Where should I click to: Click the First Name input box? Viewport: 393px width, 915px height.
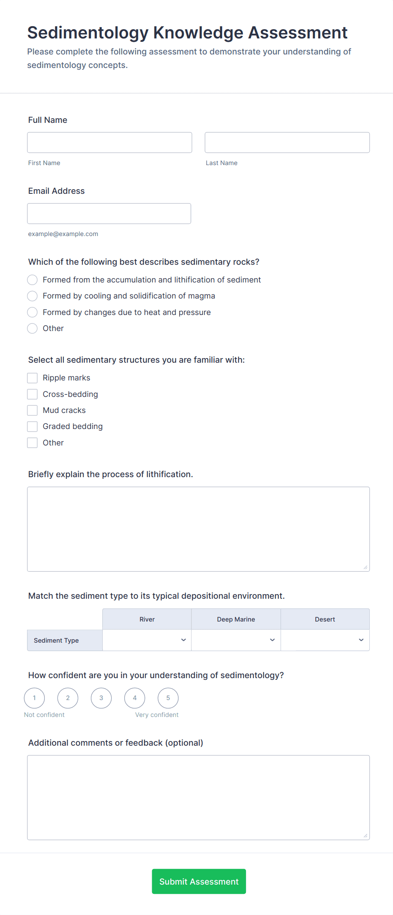(x=109, y=143)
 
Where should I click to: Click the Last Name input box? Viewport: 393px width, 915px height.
(x=287, y=143)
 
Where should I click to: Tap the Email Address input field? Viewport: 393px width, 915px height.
(x=109, y=214)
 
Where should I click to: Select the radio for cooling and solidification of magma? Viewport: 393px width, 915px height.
(x=33, y=296)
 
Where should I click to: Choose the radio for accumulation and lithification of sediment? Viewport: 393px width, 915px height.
(x=33, y=280)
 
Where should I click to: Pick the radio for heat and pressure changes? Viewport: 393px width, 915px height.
(x=33, y=312)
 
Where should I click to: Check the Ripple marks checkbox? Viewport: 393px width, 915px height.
(x=33, y=378)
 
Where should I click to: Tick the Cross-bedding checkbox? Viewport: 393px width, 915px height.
(x=33, y=394)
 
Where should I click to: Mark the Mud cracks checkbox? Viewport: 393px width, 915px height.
(x=33, y=410)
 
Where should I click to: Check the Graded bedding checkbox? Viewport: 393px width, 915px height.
(x=33, y=426)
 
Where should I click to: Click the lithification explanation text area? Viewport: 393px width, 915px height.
(x=198, y=529)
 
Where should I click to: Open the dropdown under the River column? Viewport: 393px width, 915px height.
(x=147, y=640)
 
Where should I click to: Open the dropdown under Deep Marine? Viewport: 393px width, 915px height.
(x=236, y=640)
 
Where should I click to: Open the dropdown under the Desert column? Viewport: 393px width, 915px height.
(x=325, y=640)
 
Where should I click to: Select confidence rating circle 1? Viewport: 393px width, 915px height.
(x=34, y=698)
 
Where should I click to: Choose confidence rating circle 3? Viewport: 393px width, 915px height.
(x=101, y=698)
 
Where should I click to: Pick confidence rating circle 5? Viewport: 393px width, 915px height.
(x=168, y=698)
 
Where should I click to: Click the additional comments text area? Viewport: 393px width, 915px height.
(x=198, y=798)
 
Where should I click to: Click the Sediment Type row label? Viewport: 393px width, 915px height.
(x=57, y=641)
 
